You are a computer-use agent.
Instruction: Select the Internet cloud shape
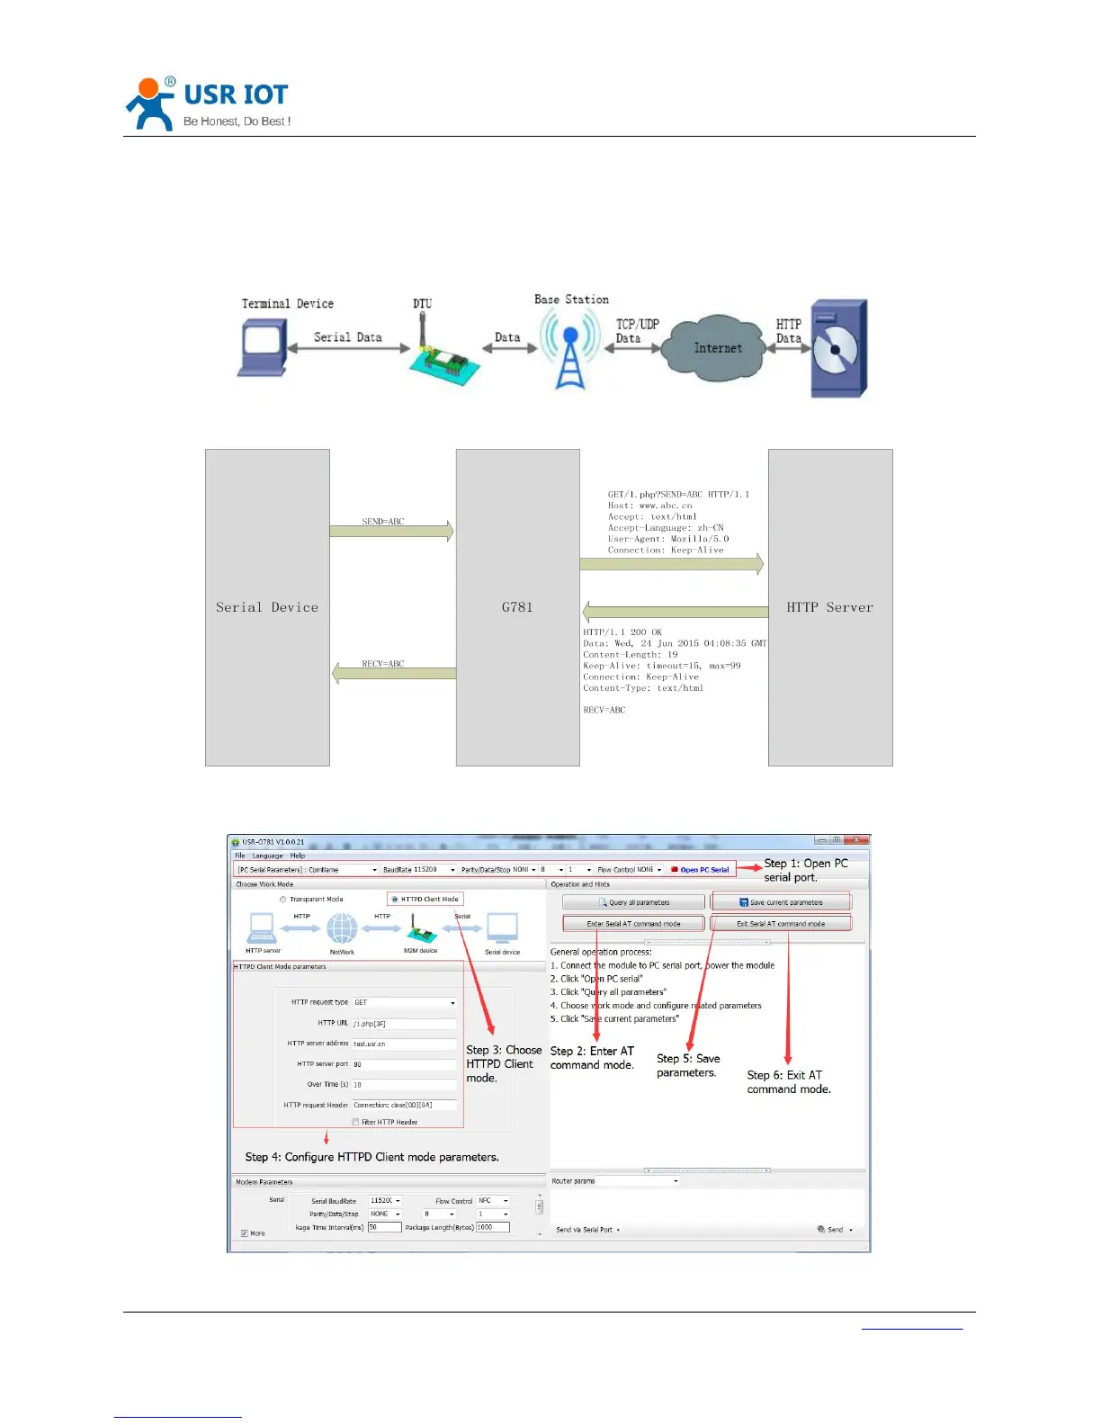pyautogui.click(x=717, y=348)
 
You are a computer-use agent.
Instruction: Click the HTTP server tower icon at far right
pyautogui.click(x=838, y=349)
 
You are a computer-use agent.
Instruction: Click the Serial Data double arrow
pyautogui.click(x=347, y=348)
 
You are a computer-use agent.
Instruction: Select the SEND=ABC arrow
pyautogui.click(x=391, y=531)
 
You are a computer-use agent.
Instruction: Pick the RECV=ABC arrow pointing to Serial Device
pyautogui.click(x=394, y=673)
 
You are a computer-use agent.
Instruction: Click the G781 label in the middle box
pyautogui.click(x=517, y=607)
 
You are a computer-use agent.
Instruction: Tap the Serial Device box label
pyautogui.click(x=267, y=607)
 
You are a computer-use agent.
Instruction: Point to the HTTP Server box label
pyautogui.click(x=829, y=607)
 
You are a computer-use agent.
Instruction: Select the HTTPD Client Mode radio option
pyautogui.click(x=395, y=899)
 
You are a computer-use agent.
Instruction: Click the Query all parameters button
pyautogui.click(x=633, y=902)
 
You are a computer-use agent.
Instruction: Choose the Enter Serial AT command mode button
pyautogui.click(x=633, y=924)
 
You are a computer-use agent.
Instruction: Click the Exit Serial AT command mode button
pyautogui.click(x=780, y=924)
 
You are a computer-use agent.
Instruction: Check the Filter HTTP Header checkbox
pyautogui.click(x=355, y=1122)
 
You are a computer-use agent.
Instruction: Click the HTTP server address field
pyautogui.click(x=403, y=1044)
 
